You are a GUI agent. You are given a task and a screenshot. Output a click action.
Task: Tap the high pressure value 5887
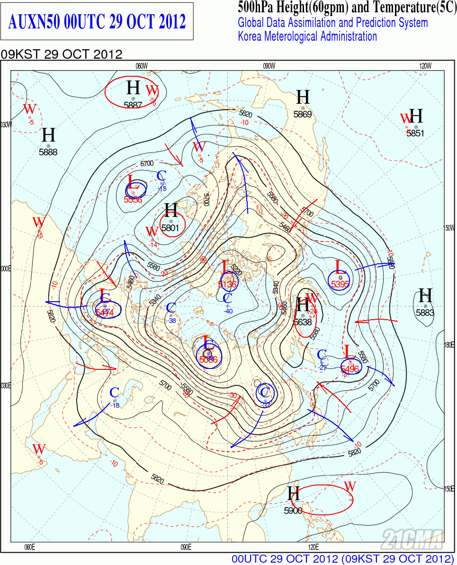pyautogui.click(x=133, y=105)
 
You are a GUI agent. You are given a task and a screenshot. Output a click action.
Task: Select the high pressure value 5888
pyautogui.click(x=48, y=152)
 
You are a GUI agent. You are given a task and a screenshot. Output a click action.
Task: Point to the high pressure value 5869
pyautogui.click(x=303, y=114)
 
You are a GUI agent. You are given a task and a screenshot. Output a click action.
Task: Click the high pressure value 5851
pyautogui.click(x=416, y=134)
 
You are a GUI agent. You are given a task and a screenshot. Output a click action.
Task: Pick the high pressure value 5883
pyautogui.click(x=425, y=313)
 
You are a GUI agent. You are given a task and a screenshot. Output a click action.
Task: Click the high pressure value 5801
pyautogui.click(x=170, y=227)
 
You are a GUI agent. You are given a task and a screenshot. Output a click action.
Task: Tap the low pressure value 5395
pyautogui.click(x=340, y=284)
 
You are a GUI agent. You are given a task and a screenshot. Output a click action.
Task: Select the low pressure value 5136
pyautogui.click(x=228, y=284)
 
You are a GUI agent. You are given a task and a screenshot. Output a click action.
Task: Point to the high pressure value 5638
pyautogui.click(x=303, y=322)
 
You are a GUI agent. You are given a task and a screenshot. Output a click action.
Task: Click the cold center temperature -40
pyautogui.click(x=228, y=311)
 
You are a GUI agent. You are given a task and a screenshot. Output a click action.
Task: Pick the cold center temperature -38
pyautogui.click(x=171, y=321)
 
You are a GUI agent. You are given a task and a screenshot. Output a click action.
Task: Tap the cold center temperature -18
pyautogui.click(x=115, y=405)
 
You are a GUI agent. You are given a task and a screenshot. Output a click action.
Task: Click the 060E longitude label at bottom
pyautogui.click(x=29, y=547)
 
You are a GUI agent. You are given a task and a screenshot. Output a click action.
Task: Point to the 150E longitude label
pyautogui.click(x=449, y=489)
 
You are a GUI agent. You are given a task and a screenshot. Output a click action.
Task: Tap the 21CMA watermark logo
pyautogui.click(x=412, y=538)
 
